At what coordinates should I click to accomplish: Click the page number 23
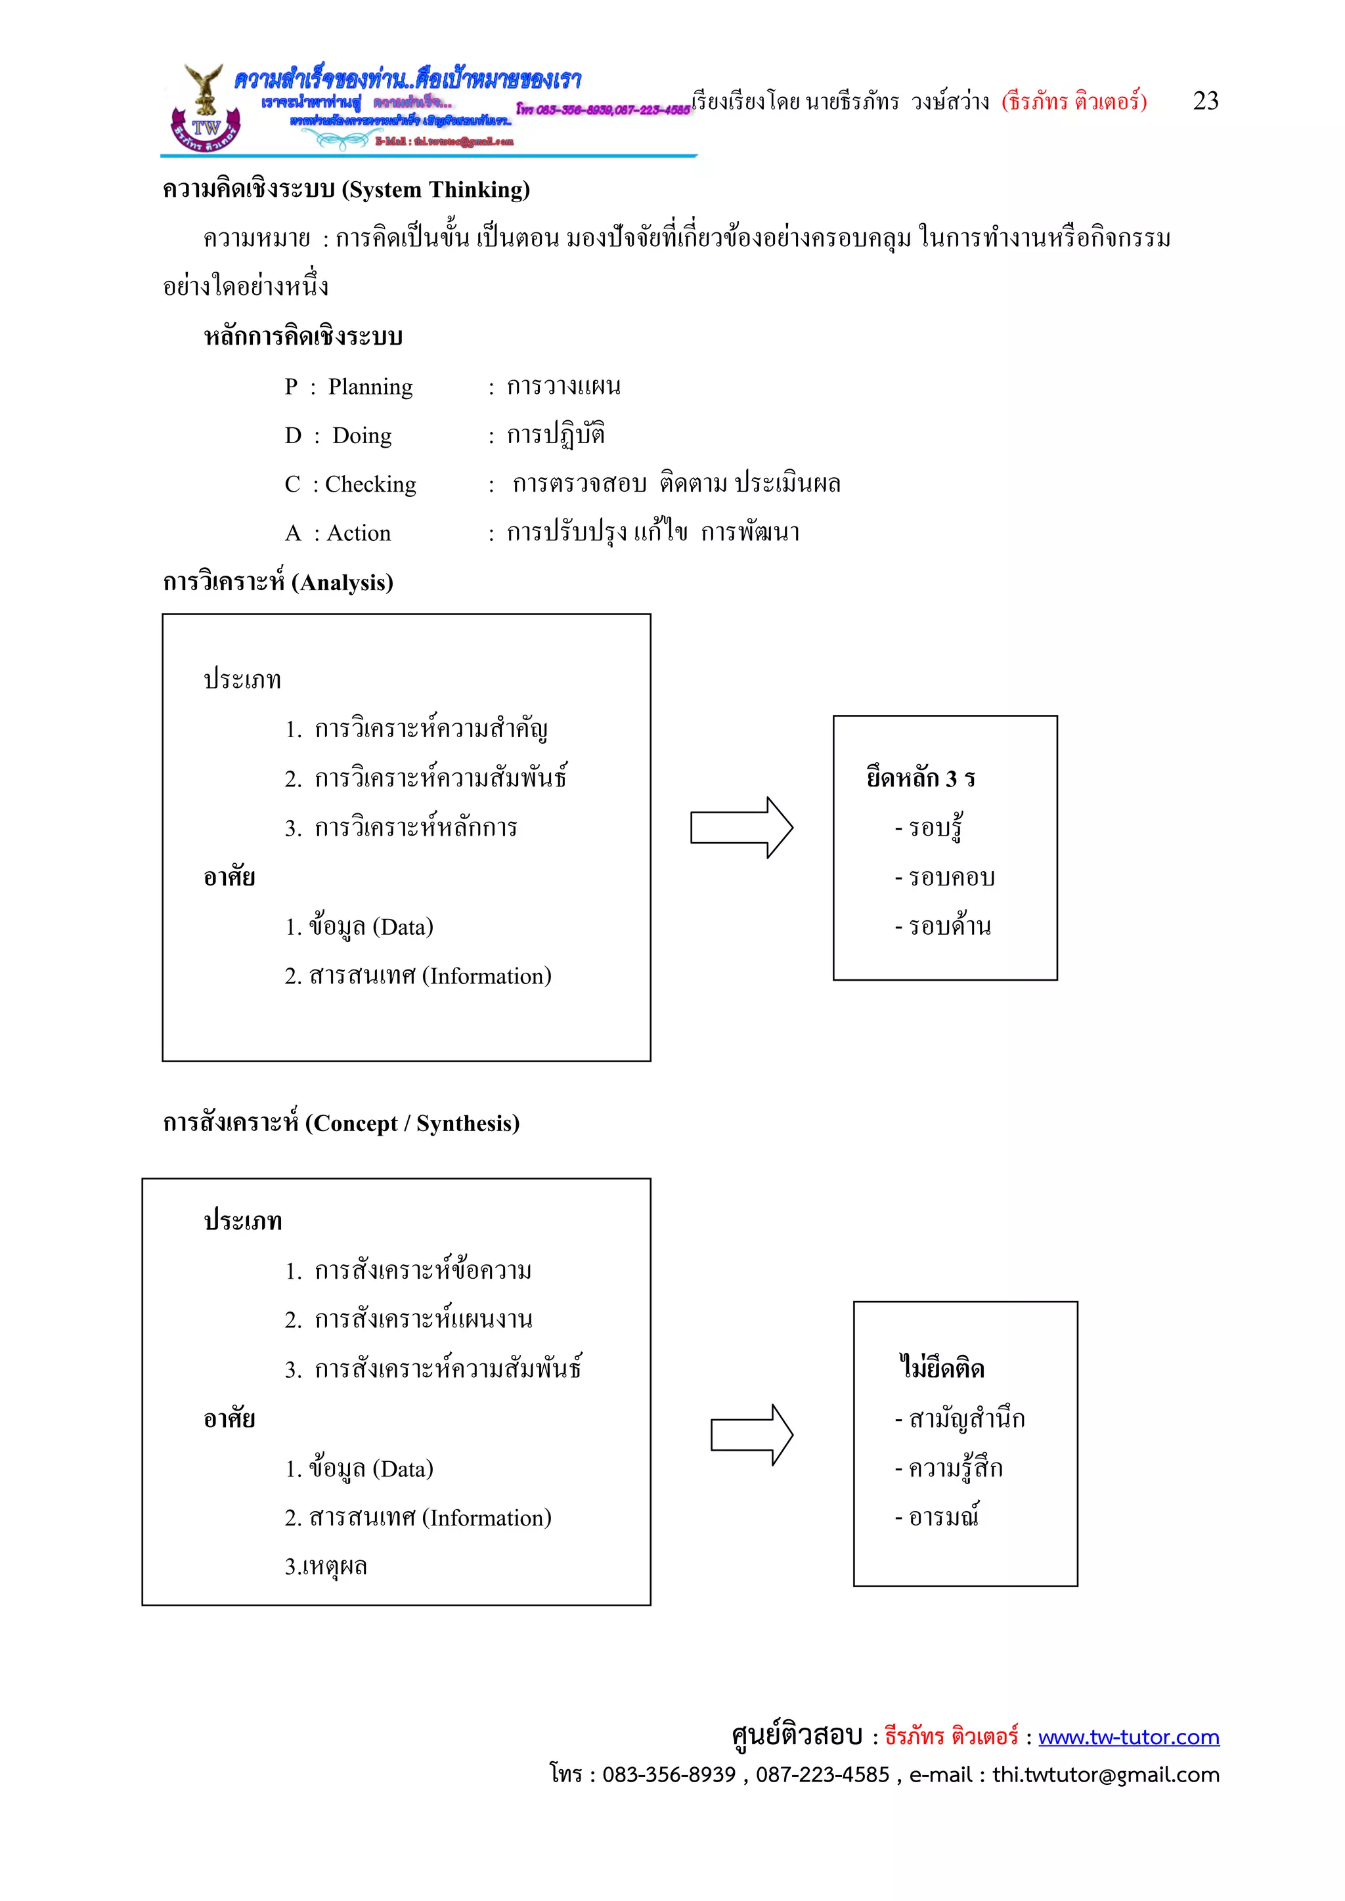(x=1205, y=101)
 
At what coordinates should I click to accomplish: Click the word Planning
(x=370, y=387)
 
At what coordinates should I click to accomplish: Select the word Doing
(x=362, y=435)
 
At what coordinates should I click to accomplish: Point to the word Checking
(x=370, y=484)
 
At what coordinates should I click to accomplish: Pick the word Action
(x=359, y=533)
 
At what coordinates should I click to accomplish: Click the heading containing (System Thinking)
(x=346, y=190)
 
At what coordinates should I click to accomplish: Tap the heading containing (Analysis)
(x=277, y=582)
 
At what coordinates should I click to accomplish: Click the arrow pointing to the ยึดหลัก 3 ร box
(x=741, y=827)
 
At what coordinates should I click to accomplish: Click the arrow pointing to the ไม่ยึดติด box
(x=751, y=1435)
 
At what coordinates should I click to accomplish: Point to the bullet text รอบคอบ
(x=951, y=877)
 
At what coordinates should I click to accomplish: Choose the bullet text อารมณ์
(x=943, y=1517)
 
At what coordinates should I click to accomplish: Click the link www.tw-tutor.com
(x=1128, y=1736)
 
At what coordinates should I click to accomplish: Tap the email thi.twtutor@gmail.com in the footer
(x=1106, y=1774)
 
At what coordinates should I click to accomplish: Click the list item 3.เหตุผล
(x=326, y=1566)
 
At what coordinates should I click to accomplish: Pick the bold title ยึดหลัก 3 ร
(x=920, y=779)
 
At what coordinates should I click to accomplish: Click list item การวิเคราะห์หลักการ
(x=415, y=827)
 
